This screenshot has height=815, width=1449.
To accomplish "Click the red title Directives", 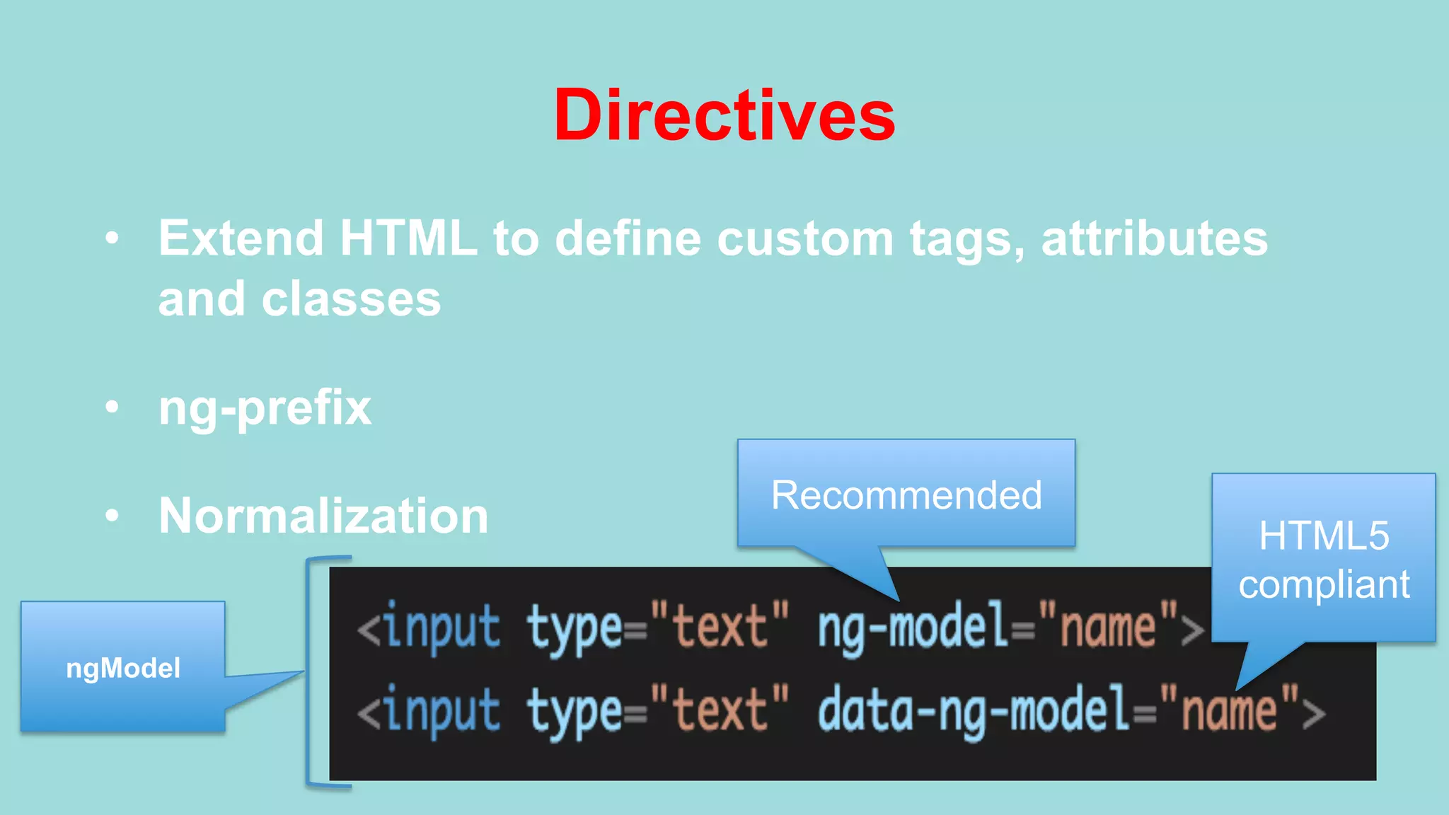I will click(724, 115).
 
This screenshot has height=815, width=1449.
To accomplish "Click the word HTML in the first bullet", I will click(408, 238).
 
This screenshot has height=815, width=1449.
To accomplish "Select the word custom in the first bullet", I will click(804, 238).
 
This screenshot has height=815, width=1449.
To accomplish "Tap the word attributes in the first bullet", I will click(1154, 238).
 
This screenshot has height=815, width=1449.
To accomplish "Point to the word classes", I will click(351, 299).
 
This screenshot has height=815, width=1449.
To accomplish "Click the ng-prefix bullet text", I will click(265, 408).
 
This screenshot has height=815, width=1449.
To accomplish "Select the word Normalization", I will click(323, 516).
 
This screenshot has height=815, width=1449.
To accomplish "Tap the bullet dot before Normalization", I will click(112, 516).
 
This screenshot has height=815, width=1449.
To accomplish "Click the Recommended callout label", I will click(906, 495).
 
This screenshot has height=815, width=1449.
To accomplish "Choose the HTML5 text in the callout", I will click(1323, 536).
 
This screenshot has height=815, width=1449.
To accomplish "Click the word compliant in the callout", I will click(1323, 584).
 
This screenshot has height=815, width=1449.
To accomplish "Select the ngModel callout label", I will click(123, 668).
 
